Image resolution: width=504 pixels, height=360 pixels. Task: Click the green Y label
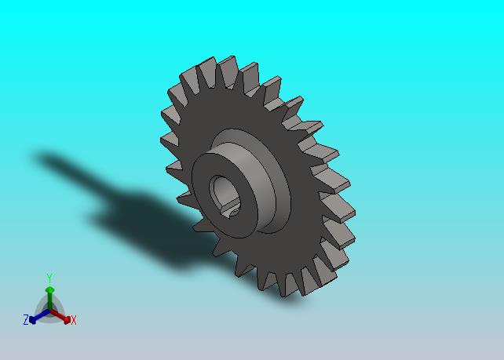point(49,278)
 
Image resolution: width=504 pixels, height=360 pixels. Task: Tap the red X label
point(74,320)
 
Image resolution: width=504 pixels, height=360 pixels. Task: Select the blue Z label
point(26,320)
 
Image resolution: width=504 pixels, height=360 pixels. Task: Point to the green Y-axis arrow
point(49,299)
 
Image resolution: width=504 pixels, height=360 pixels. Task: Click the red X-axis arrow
point(60,316)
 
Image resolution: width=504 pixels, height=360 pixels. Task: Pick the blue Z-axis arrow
point(39,316)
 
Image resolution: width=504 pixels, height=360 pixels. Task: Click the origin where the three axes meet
point(49,311)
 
